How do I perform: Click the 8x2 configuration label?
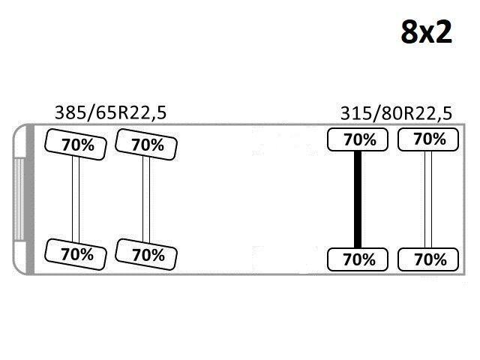427,31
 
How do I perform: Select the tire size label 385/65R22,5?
110,112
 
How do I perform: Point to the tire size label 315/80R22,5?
396,113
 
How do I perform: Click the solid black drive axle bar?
358,199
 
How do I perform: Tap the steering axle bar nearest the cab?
76,199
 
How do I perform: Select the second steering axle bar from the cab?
146,199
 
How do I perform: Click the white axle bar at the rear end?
428,199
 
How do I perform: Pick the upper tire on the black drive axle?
358,139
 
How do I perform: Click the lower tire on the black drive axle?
358,259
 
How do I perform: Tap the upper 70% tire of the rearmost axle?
428,139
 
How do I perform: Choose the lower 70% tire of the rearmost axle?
428,259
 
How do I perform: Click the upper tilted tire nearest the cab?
76,145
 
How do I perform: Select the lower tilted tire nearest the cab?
76,254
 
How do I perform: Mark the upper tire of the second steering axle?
146,145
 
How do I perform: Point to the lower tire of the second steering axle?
146,254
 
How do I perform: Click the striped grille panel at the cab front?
19,199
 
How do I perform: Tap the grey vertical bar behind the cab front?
30,199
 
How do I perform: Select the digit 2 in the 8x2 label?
443,31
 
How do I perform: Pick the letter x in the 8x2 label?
426,34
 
